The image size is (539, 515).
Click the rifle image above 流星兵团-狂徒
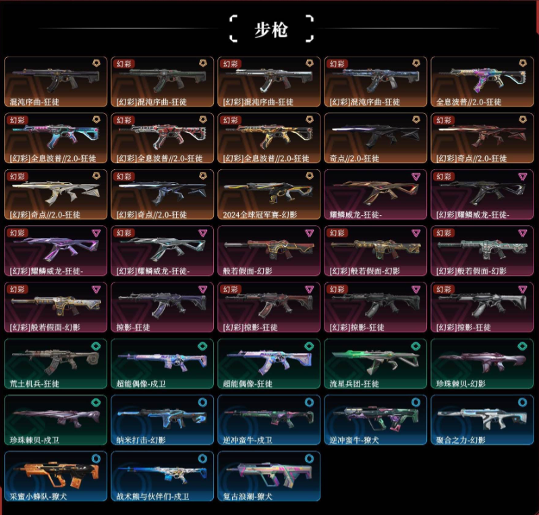click(372, 362)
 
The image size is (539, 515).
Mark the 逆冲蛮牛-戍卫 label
click(248, 441)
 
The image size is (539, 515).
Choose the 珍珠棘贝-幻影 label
click(461, 384)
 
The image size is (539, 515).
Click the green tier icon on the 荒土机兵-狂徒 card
click(96, 344)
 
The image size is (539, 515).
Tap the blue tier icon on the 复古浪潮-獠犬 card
click(308, 458)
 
